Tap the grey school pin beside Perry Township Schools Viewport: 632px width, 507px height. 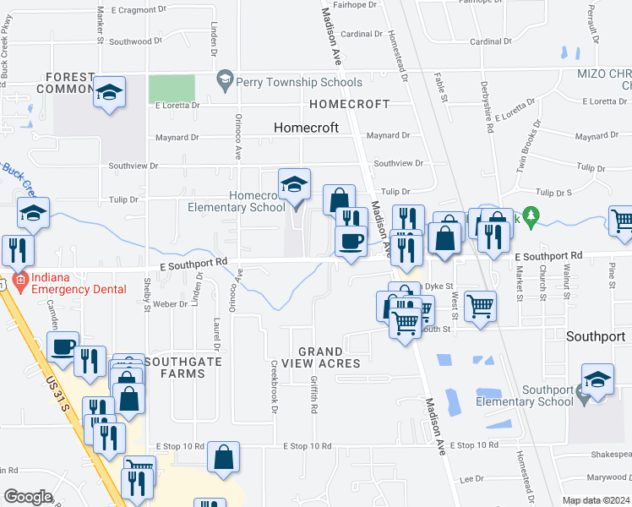coord(225,82)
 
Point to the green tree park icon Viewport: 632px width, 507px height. coord(531,216)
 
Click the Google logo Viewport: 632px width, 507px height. coord(28,496)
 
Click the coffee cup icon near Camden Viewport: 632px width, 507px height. coord(63,346)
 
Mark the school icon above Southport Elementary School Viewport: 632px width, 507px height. coord(597,379)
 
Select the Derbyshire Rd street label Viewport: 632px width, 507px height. coord(488,109)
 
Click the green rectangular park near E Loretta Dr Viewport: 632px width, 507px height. coord(172,89)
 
